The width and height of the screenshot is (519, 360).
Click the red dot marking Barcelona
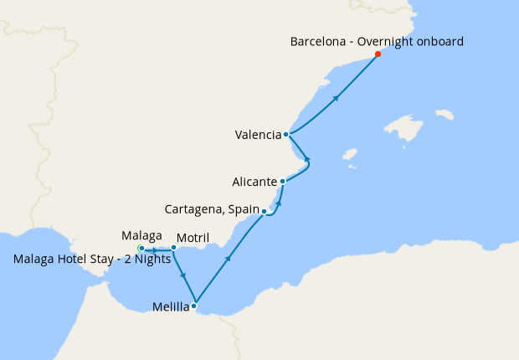pyautogui.click(x=378, y=54)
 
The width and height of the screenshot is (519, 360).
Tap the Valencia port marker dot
pyautogui.click(x=286, y=134)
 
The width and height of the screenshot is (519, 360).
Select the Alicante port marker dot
pyautogui.click(x=283, y=181)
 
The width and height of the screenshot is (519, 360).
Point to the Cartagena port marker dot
pyautogui.click(x=264, y=211)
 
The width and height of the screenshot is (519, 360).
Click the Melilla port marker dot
pyautogui.click(x=194, y=306)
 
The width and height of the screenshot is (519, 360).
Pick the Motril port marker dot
pyautogui.click(x=173, y=247)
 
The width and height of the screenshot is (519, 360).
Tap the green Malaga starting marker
pyautogui.click(x=141, y=249)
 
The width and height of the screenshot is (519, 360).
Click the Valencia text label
pyautogui.click(x=259, y=135)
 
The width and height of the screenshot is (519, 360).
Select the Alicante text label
pyautogui.click(x=254, y=182)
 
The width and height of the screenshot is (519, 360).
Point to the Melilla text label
pyautogui.click(x=170, y=307)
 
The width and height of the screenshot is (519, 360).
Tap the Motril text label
pyautogui.click(x=193, y=237)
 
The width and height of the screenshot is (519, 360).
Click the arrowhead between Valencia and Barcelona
pyautogui.click(x=336, y=99)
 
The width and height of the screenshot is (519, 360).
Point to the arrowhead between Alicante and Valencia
pyautogui.click(x=307, y=158)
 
